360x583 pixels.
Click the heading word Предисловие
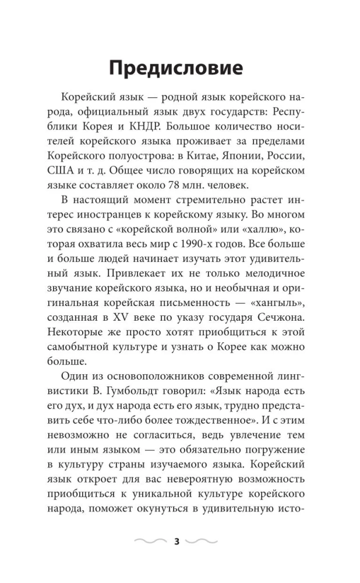(175, 68)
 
